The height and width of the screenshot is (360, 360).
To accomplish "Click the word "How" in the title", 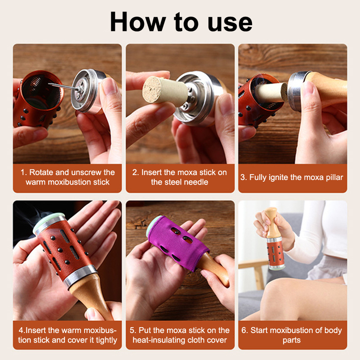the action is pos(138,22).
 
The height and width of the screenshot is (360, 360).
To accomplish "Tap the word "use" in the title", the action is pos(230,23).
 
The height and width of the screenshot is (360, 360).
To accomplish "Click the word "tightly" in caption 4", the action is pos(106,340).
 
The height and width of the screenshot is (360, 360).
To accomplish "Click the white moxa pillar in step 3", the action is pos(273,92).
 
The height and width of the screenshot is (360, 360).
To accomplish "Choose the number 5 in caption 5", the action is pos(132,330).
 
